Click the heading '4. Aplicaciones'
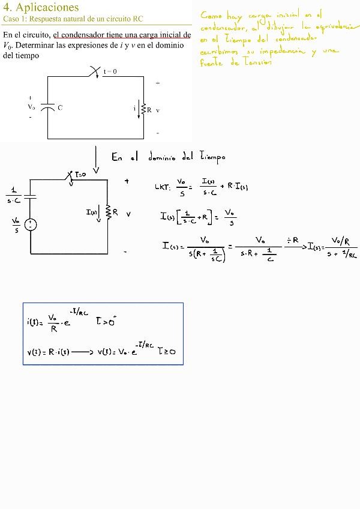(41, 7)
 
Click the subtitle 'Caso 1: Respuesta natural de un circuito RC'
(73, 19)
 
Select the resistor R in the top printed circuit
(143, 109)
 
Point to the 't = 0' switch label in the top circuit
(110, 71)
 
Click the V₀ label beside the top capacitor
(31, 107)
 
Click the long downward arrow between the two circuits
(96, 160)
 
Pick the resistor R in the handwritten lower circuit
(109, 212)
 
